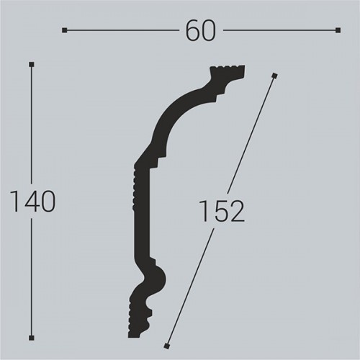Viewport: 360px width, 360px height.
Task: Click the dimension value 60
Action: [x=200, y=30]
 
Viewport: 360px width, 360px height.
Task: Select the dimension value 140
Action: [x=31, y=202]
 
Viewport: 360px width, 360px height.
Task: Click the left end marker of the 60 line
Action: [x=65, y=30]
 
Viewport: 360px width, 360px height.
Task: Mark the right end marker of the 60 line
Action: [x=338, y=30]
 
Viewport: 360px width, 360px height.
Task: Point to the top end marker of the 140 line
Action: [x=31, y=65]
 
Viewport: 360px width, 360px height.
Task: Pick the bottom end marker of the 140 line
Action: [x=31, y=337]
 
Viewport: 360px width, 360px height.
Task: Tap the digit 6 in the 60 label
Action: [x=192, y=30]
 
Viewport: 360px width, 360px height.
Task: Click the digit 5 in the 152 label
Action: [x=222, y=211]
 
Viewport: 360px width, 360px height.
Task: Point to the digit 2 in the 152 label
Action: [x=237, y=211]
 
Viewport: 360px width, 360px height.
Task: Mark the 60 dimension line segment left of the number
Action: [x=122, y=30]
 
